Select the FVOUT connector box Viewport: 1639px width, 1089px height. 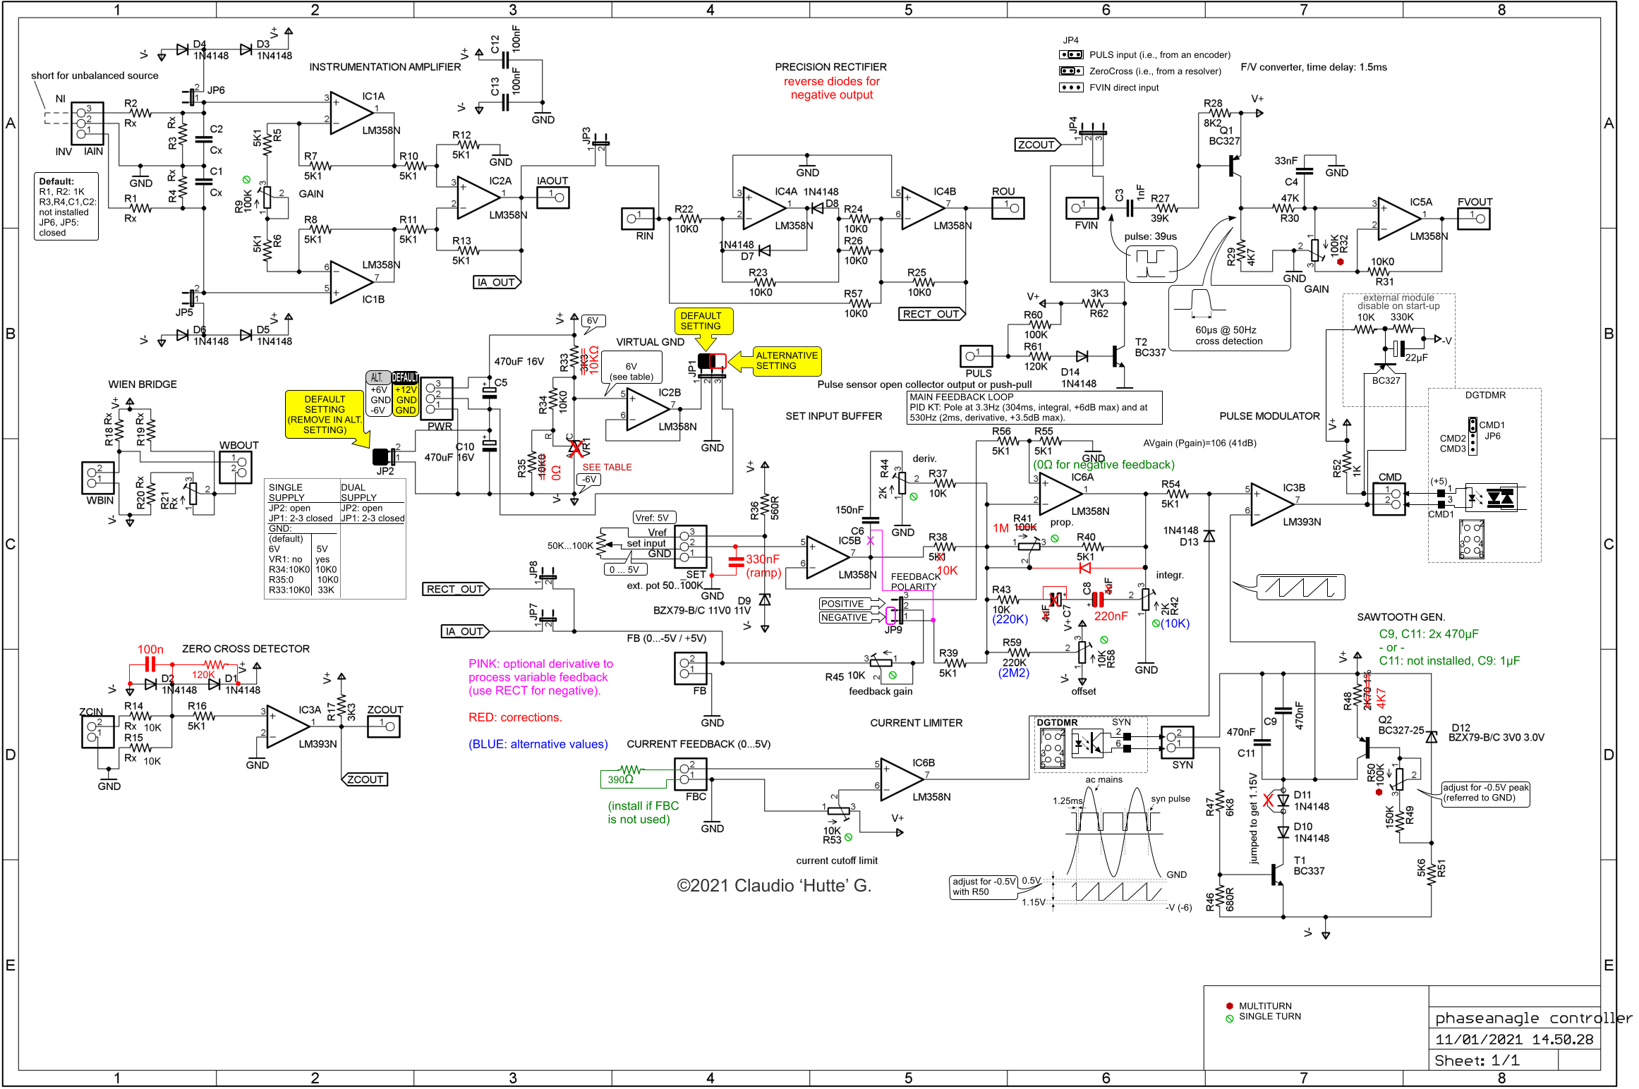pos(1474,219)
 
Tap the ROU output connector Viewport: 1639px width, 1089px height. pos(1008,208)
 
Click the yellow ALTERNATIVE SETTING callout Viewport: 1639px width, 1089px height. pos(786,360)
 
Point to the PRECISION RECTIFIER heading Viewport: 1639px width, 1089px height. pos(830,67)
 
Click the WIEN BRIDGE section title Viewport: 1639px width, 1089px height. pos(143,384)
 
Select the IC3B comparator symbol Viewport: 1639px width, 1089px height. pos(1271,504)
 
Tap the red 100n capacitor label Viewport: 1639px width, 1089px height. pos(150,650)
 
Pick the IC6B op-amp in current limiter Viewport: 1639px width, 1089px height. pos(900,779)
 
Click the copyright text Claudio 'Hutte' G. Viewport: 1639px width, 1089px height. pos(774,886)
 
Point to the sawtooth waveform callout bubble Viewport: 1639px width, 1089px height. pos(1300,587)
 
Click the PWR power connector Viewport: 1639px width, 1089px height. pos(437,399)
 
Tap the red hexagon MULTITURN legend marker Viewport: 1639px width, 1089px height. pos(1230,1006)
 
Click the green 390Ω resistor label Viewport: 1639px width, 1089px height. pos(621,779)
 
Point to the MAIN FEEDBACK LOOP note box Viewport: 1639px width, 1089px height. pos(1034,407)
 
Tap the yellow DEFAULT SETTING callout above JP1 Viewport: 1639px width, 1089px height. pos(701,321)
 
